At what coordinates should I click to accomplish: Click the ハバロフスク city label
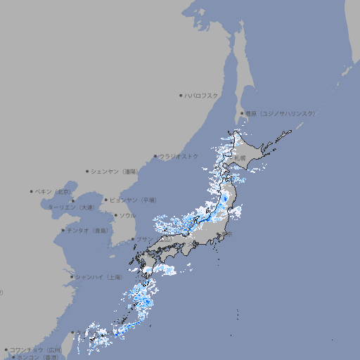point(202,95)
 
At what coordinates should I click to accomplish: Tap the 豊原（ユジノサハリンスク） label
point(281,113)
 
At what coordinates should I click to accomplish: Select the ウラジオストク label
point(179,156)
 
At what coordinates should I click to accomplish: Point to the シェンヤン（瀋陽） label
point(115,171)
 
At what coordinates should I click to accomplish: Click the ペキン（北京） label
point(54,191)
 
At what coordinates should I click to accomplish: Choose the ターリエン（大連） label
point(71,207)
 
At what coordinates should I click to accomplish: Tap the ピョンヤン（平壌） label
point(134,200)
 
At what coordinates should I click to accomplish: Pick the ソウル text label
point(127,215)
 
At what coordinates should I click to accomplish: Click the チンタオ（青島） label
point(87,230)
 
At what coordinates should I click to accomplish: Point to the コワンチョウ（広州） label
point(35,349)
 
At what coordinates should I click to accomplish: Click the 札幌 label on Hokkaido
point(240,157)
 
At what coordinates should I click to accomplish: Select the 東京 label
point(229,234)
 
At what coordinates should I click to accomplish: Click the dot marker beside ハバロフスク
point(181,95)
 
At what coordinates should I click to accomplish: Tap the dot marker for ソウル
point(115,215)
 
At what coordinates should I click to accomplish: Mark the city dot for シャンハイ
point(72,276)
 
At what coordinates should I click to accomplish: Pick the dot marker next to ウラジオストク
point(155,156)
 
